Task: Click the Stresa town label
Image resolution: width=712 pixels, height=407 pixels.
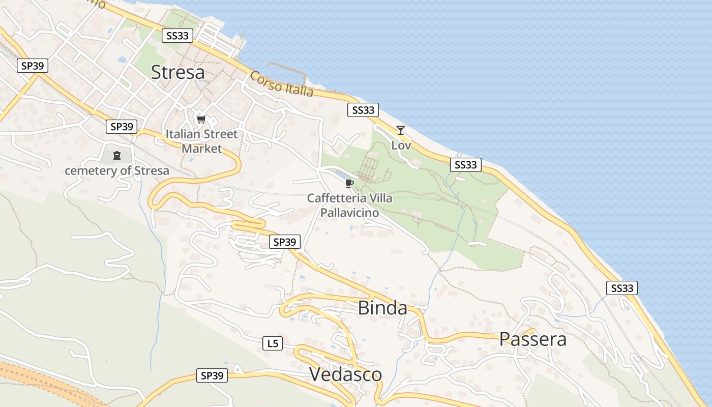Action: click(x=178, y=72)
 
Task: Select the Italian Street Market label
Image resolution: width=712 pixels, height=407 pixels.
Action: click(x=202, y=141)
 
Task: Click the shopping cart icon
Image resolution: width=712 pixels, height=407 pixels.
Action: click(x=201, y=120)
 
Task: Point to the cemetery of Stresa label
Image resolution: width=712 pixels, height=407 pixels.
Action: click(x=117, y=171)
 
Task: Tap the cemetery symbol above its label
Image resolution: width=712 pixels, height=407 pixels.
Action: click(x=117, y=156)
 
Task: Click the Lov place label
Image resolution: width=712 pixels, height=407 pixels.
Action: click(x=401, y=146)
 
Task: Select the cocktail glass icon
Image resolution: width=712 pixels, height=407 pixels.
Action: click(x=401, y=130)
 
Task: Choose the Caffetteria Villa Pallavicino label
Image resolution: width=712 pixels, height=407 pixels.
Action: click(x=350, y=205)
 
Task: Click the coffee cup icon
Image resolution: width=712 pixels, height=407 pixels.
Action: click(x=349, y=183)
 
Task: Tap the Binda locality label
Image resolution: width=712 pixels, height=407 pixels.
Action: click(x=382, y=308)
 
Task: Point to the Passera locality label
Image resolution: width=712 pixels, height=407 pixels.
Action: click(x=532, y=339)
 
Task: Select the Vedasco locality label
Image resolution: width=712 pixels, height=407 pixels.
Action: click(x=345, y=374)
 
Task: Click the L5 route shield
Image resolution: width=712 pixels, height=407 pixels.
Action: click(x=273, y=343)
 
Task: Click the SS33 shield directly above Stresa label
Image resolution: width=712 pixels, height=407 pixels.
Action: click(x=177, y=36)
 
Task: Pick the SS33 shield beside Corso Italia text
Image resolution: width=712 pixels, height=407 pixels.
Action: click(x=363, y=110)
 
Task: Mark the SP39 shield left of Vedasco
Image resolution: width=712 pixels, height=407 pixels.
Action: click(x=212, y=376)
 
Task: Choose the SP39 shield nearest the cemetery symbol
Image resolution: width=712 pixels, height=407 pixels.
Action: click(x=122, y=127)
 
